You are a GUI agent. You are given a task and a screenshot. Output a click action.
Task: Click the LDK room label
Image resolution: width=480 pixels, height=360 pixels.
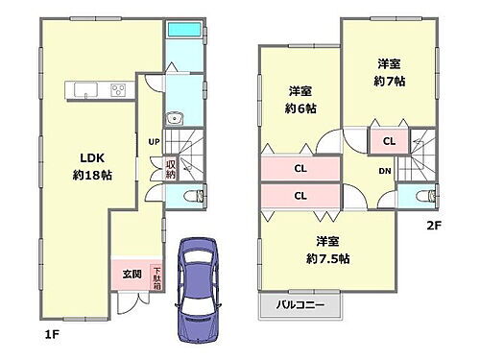click(84, 157)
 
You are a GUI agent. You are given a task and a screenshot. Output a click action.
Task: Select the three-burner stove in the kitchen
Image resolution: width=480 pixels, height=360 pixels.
click(119, 91)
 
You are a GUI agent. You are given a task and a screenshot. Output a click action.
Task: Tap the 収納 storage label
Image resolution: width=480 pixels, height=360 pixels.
click(171, 170)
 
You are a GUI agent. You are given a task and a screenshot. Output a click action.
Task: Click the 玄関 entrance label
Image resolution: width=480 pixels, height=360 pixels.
click(131, 274)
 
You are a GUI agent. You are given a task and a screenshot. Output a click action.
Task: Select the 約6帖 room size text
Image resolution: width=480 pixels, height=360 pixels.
click(300, 99)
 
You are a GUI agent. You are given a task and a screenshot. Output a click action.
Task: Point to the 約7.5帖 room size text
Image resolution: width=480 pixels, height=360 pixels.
click(327, 250)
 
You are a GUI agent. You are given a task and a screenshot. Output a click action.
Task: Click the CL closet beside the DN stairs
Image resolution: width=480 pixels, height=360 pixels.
click(388, 140)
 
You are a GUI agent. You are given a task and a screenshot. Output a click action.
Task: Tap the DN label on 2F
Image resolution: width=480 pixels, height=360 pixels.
click(384, 173)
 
